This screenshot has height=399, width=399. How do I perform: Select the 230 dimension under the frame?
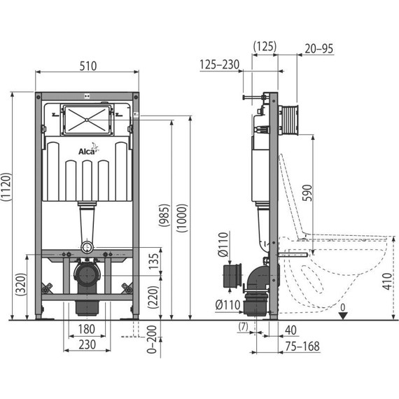click(86, 344)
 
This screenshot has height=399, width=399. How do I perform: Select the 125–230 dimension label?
click(219, 64)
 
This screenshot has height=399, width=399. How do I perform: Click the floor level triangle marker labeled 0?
click(342, 315)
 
